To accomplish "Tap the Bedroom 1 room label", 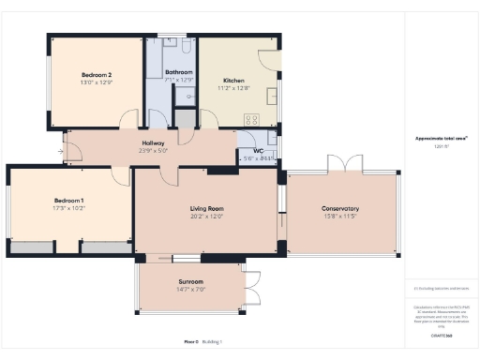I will coord(68,200).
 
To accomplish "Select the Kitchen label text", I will coord(233,80).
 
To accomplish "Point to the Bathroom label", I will coord(179,72).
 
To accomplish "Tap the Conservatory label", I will coord(340,208).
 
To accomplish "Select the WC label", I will coord(258,151).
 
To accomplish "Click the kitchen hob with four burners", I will coord(251,119).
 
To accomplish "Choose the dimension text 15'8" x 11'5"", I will coord(340,217).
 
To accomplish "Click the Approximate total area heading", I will coord(442,139).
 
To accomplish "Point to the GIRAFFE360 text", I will coord(442,334).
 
